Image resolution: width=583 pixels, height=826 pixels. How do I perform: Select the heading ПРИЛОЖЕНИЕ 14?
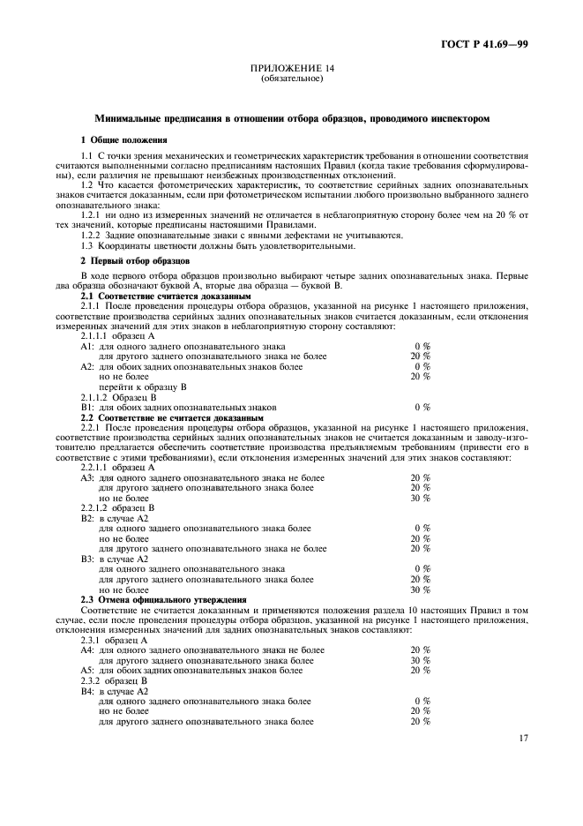click(292, 69)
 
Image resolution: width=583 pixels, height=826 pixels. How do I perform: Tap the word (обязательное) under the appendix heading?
click(292, 79)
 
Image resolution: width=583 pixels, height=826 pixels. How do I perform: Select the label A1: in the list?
click(87, 348)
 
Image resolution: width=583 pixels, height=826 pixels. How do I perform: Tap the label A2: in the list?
click(87, 366)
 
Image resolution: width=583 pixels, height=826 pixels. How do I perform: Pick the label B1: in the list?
click(87, 407)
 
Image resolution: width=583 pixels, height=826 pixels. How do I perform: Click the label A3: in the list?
click(87, 477)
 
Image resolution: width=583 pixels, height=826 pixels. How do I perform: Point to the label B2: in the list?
click(87, 518)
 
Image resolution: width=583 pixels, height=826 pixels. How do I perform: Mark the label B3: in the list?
click(87, 559)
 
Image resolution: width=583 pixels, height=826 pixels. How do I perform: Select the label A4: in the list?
click(87, 650)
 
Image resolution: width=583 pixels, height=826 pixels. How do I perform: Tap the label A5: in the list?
click(87, 669)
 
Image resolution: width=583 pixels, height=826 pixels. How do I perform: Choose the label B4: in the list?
click(87, 691)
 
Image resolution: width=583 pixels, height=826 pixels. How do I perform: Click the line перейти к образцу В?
click(143, 387)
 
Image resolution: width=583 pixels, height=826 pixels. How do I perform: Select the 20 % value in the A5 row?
click(420, 669)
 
